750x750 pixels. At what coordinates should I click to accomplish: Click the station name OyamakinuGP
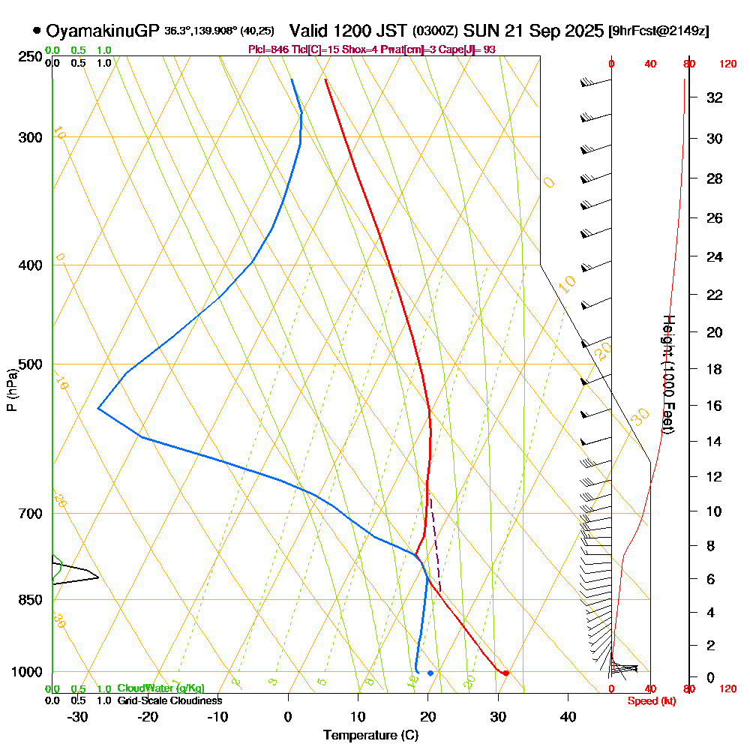[103, 31]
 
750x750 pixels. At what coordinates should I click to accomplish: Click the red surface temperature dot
[506, 673]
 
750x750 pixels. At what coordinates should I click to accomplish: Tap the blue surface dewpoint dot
[430, 673]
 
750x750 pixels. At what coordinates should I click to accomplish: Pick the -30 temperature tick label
[77, 716]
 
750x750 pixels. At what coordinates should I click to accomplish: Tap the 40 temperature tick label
[568, 716]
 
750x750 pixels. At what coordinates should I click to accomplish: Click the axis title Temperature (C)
[370, 736]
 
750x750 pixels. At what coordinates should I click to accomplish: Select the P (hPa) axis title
[11, 389]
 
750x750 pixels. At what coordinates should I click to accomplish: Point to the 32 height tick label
[715, 97]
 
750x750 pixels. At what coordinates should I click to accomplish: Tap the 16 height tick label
[715, 406]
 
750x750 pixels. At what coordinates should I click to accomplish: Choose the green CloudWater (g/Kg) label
[160, 688]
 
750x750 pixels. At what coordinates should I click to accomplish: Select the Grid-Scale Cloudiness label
[169, 700]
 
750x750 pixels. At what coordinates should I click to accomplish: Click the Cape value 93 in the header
[488, 49]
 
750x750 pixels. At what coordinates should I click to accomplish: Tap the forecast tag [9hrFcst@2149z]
[659, 31]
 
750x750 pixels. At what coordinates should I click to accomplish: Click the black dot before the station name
[36, 31]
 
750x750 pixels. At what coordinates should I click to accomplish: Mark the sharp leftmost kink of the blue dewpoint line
[98, 408]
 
